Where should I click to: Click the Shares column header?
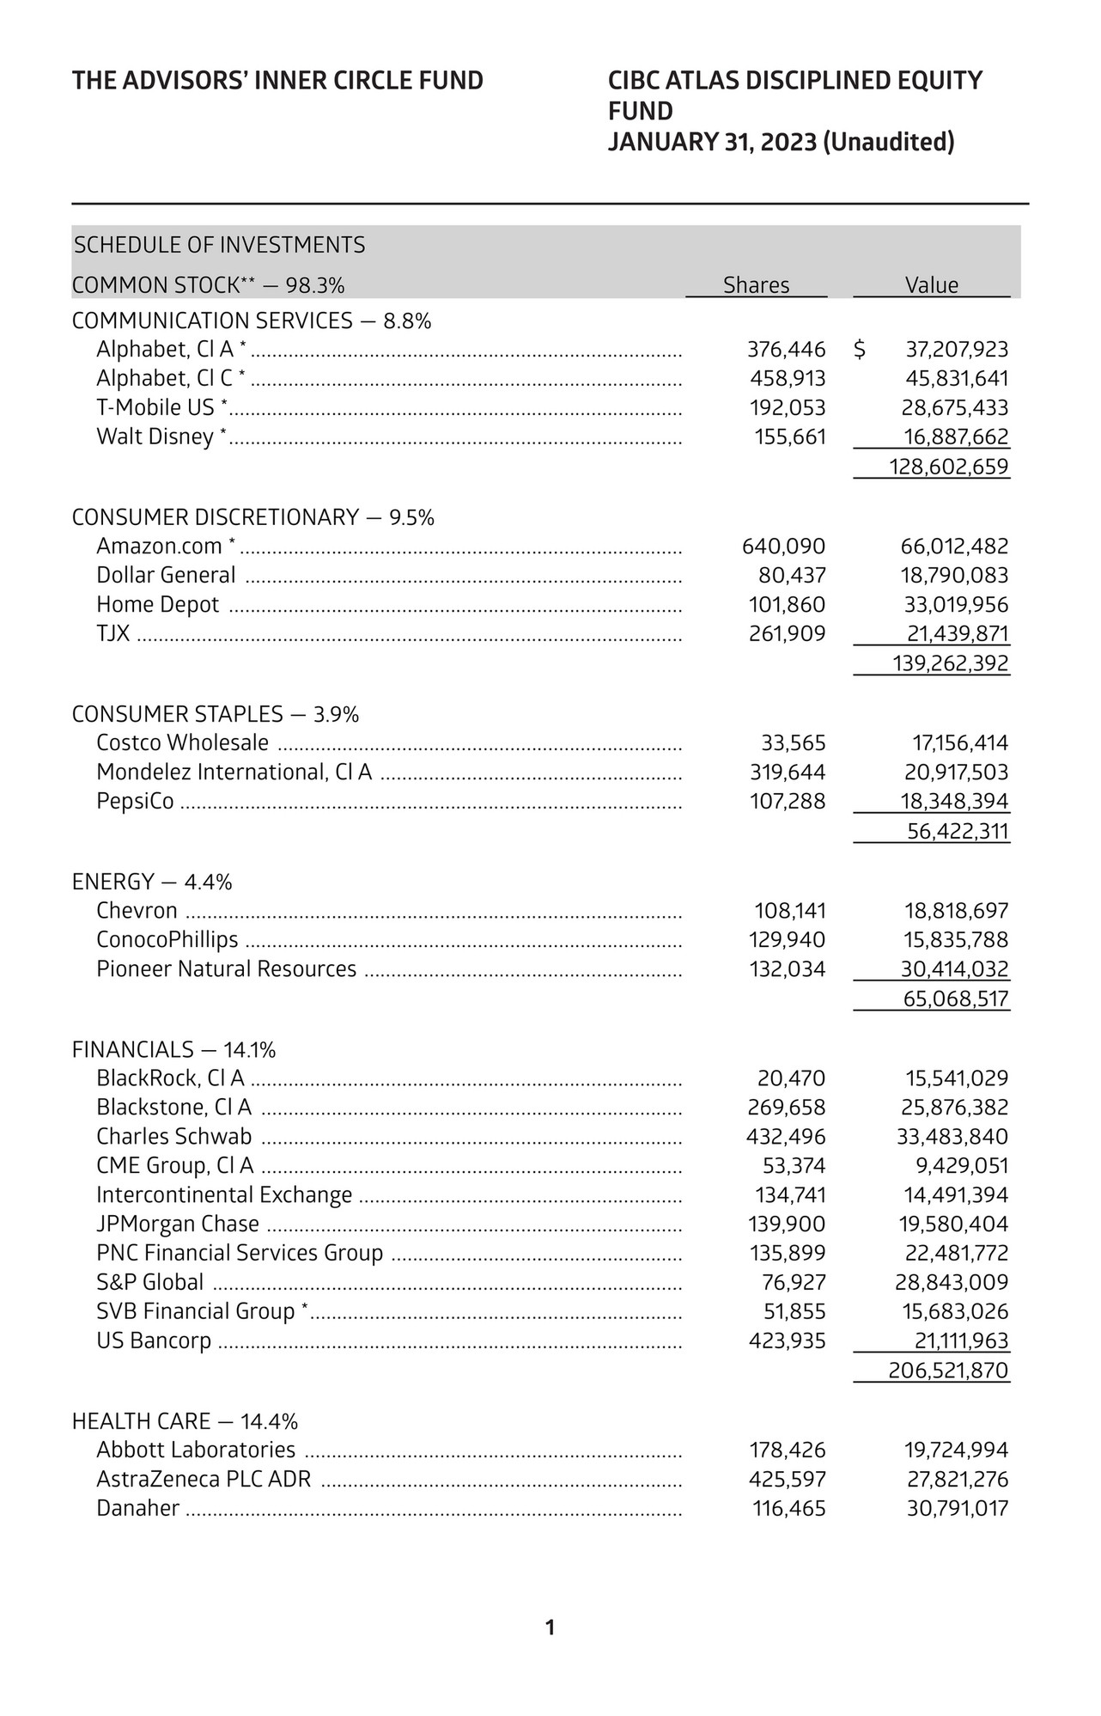[756, 285]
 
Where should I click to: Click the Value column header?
[932, 285]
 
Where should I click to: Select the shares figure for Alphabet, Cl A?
[786, 350]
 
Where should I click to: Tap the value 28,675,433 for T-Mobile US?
[957, 407]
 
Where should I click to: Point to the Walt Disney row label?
[155, 437]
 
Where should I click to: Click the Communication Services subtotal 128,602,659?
[948, 467]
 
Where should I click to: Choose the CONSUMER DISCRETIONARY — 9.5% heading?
[252, 517]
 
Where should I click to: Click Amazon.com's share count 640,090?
[782, 547]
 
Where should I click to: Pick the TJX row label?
[113, 634]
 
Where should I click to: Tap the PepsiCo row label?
[135, 802]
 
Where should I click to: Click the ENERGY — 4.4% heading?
[152, 882]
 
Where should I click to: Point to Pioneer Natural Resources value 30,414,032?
[954, 969]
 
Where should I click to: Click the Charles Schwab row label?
[173, 1137]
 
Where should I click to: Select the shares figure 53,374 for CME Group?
[794, 1166]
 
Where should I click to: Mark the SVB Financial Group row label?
[196, 1311]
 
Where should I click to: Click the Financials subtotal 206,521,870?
[948, 1371]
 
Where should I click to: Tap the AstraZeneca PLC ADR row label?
[204, 1480]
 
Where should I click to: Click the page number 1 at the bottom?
[550, 1627]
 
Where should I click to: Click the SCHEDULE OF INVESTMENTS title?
[219, 246]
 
